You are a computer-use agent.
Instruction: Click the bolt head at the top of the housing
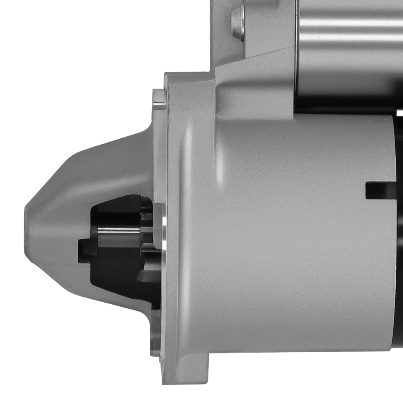tap(239, 23)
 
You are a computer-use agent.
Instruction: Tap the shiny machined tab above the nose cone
tap(160, 99)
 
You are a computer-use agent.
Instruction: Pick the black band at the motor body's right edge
tap(399, 242)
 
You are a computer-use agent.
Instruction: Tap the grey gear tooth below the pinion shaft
tap(149, 274)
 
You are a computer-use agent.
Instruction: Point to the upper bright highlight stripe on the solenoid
tap(351, 22)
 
